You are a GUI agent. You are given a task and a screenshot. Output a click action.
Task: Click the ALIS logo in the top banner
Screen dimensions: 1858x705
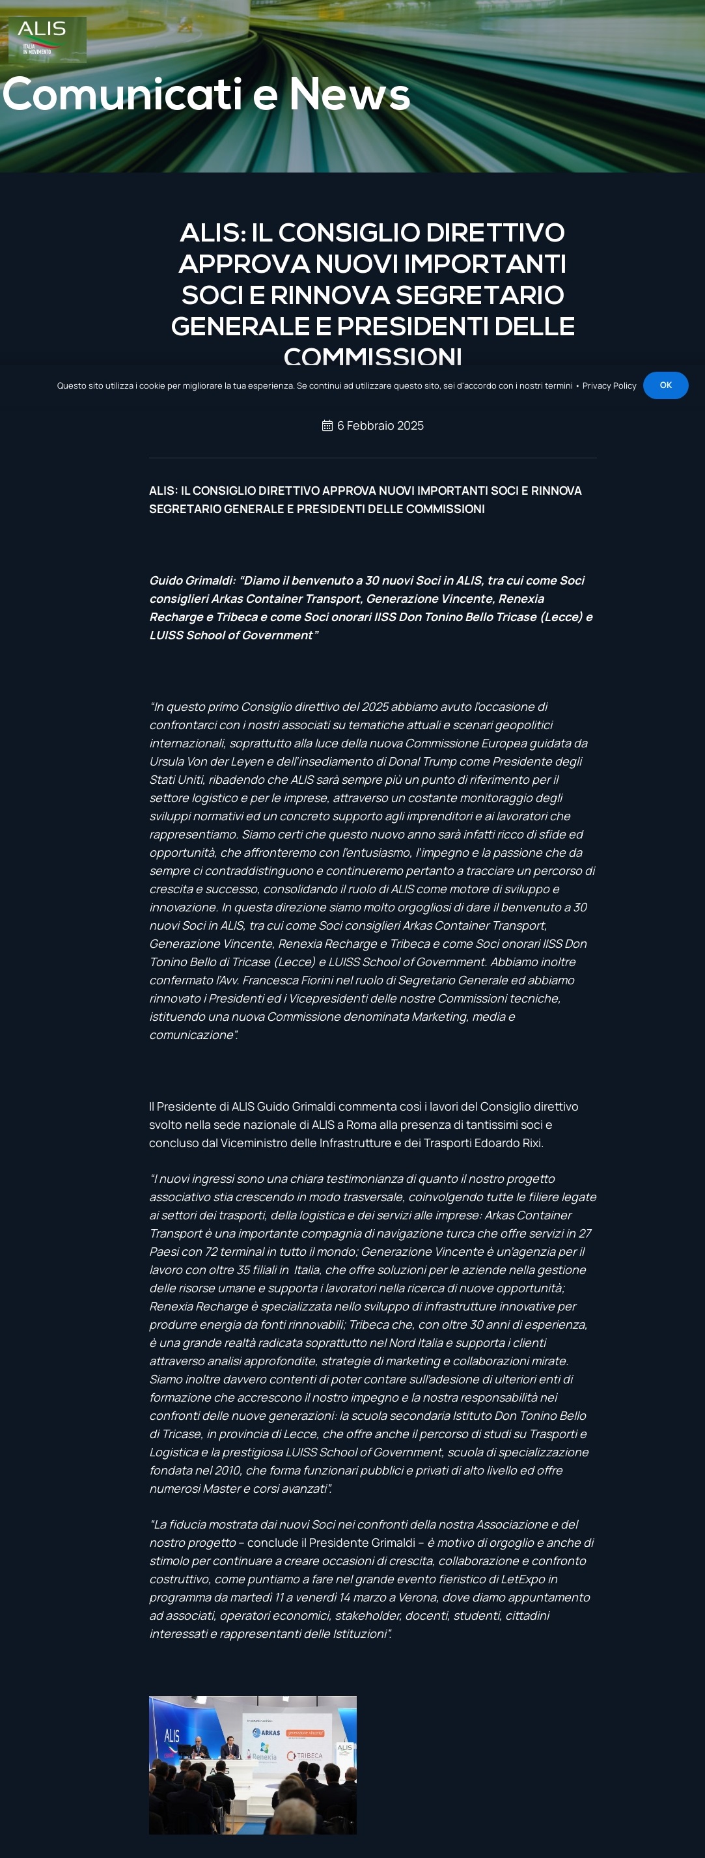[x=47, y=39]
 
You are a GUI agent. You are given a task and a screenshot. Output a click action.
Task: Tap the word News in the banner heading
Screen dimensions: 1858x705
[x=350, y=94]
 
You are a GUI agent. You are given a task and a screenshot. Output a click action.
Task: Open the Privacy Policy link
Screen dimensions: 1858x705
[x=609, y=386]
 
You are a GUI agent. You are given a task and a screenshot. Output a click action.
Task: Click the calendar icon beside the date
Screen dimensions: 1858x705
[x=327, y=426]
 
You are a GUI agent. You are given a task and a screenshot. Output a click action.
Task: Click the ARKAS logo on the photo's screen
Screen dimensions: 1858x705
[x=266, y=1732]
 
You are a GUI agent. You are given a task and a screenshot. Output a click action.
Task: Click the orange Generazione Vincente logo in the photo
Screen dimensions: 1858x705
[x=305, y=1732]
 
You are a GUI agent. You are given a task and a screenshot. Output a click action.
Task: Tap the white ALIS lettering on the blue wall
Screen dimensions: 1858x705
[x=172, y=1736]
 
